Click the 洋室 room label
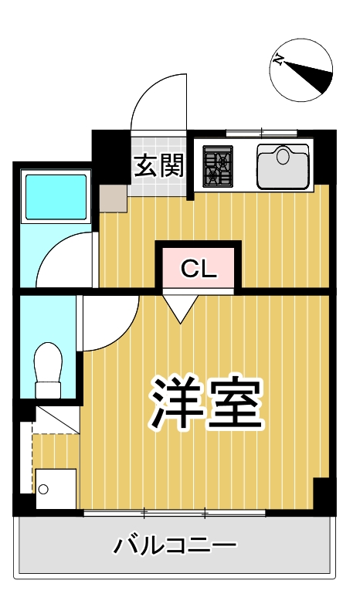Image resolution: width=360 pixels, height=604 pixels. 206,404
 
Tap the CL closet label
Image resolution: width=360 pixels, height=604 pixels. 197,268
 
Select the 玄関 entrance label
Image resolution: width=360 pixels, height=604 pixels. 158,165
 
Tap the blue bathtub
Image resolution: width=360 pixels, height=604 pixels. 56,198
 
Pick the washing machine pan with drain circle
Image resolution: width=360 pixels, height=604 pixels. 54,489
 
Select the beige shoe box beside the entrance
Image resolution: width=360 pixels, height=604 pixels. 113,199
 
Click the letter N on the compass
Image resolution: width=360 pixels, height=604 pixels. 279,59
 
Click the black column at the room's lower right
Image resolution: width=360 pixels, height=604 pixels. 323,495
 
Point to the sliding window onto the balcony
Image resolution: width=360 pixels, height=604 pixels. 175,513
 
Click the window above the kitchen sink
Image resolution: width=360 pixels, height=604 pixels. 260,131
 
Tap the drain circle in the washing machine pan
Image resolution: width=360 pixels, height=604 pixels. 44,489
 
